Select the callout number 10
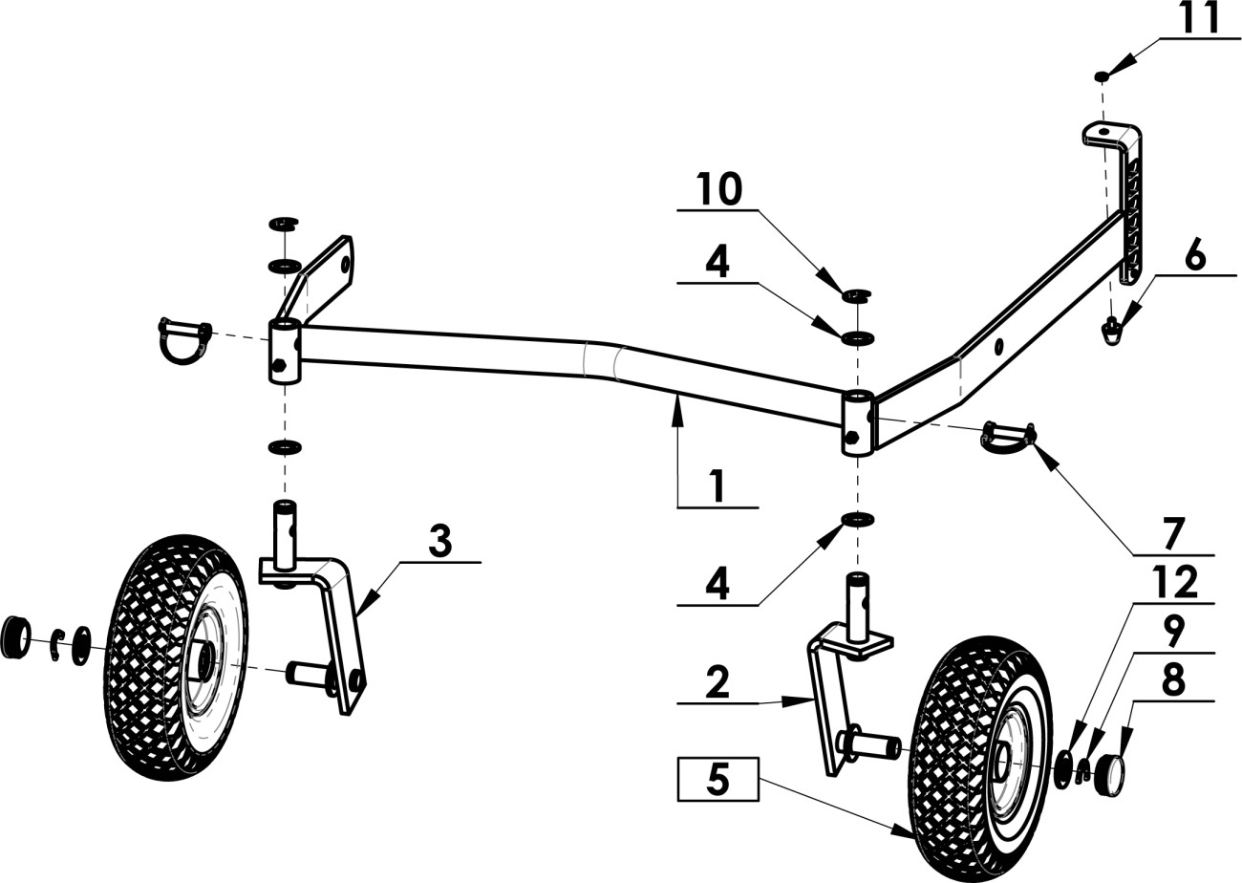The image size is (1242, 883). click(x=718, y=188)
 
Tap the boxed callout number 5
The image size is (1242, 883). click(x=718, y=779)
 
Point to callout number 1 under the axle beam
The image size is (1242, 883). click(x=718, y=485)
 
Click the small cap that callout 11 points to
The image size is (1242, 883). click(x=1103, y=76)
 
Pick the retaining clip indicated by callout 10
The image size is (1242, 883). click(x=857, y=295)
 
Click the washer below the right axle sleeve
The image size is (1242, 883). click(x=858, y=519)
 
